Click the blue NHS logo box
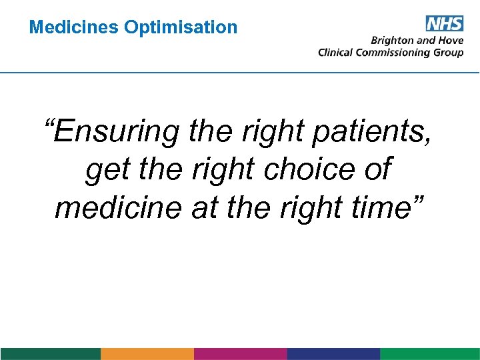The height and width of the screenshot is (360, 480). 443,24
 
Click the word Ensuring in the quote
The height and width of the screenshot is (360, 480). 114,131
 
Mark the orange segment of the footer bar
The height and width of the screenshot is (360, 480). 147,354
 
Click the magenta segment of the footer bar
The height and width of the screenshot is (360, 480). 240,354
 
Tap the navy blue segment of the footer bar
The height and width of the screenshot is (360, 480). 333,354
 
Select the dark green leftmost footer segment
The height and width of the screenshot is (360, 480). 50,354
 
